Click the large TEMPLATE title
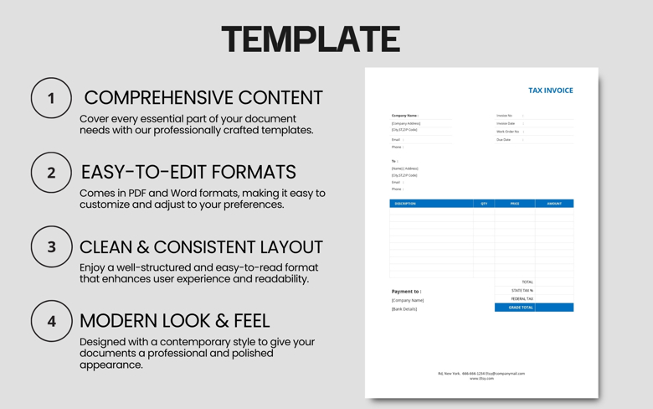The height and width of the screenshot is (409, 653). click(311, 39)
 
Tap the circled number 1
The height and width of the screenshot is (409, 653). click(51, 98)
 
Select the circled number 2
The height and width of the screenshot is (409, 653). click(51, 173)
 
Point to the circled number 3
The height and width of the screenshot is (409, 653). click(51, 247)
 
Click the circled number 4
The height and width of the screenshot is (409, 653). click(51, 321)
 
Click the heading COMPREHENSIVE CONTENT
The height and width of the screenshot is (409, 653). click(203, 98)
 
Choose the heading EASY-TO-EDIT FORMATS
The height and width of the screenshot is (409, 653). click(188, 172)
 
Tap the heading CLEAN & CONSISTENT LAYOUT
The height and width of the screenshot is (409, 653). click(201, 247)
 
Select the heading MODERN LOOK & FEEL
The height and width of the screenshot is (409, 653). click(174, 320)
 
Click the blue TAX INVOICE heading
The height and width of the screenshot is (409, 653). click(550, 91)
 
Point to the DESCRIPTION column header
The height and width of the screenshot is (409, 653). click(405, 204)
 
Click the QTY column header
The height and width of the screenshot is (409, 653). click(484, 204)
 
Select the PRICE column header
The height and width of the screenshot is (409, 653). click(515, 204)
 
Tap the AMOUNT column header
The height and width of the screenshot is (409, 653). click(554, 204)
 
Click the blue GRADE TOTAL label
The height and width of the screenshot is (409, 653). click(521, 308)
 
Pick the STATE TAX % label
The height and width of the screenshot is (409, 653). click(522, 291)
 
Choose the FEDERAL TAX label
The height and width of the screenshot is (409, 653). click(522, 299)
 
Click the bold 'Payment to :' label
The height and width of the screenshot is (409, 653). click(406, 292)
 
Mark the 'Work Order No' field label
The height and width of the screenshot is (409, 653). click(507, 132)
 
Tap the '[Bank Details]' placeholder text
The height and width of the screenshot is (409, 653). click(404, 309)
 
